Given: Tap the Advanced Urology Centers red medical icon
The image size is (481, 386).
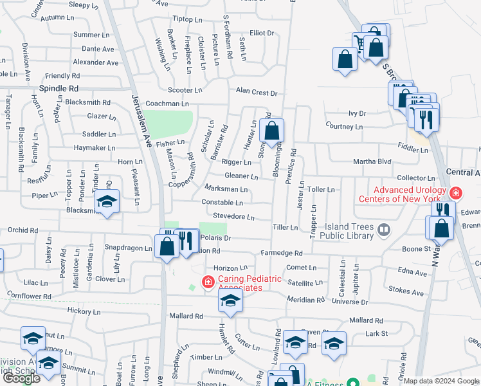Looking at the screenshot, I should [x=456, y=193].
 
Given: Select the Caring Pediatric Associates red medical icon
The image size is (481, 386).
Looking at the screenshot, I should [x=208, y=282].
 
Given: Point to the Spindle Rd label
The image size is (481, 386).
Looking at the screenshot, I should [x=59, y=88].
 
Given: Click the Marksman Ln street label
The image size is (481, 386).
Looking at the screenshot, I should [x=226, y=189].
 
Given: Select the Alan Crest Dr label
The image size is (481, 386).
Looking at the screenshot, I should [x=256, y=93].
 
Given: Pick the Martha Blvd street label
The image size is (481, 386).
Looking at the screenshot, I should [x=372, y=161].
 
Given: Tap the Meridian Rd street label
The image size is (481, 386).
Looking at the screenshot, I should [x=305, y=300].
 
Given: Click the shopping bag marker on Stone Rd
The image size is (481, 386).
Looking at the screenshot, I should [x=273, y=131].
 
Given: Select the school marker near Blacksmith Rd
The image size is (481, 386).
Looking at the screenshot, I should [x=107, y=202].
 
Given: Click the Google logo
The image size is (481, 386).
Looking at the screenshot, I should [x=21, y=378].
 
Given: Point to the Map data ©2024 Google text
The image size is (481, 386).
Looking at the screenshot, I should [x=441, y=381].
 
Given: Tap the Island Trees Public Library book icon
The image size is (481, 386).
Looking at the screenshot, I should [x=384, y=230].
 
